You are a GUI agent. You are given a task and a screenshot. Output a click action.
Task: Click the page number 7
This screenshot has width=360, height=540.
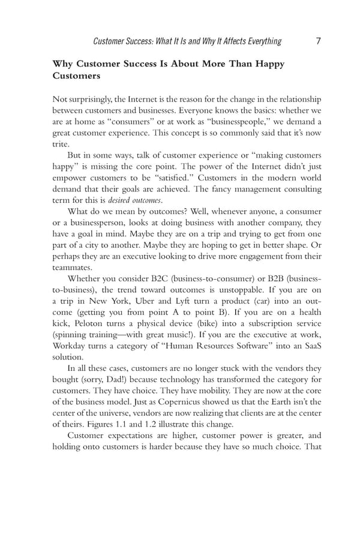[x=319, y=41]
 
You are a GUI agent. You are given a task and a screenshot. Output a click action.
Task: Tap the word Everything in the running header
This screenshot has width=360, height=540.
[x=256, y=41]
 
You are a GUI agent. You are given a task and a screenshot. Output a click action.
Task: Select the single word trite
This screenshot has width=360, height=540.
[x=61, y=145]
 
